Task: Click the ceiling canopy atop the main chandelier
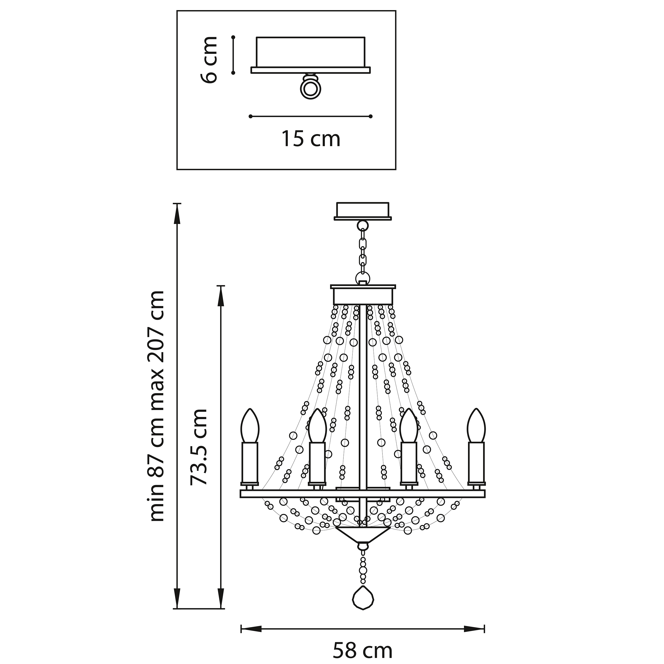click(363, 210)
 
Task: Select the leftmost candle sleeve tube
click(250, 462)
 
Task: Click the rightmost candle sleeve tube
click(476, 462)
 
